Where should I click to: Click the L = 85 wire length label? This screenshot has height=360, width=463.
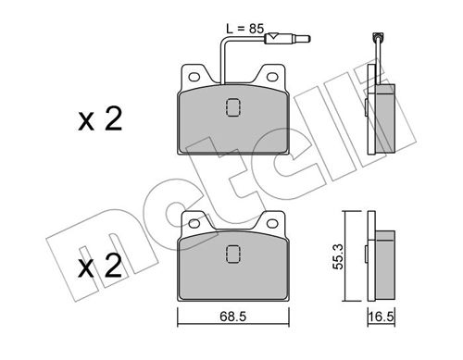pyautogui.click(x=245, y=29)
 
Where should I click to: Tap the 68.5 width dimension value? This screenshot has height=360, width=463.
pyautogui.click(x=233, y=317)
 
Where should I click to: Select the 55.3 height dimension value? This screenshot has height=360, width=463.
pyautogui.click(x=338, y=256)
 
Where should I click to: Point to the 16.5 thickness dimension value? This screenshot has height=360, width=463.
pyautogui.click(x=382, y=317)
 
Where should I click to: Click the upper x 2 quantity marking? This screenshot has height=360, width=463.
pyautogui.click(x=100, y=118)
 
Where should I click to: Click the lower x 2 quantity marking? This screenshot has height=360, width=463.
pyautogui.click(x=100, y=266)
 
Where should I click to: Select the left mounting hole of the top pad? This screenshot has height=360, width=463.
pyautogui.click(x=194, y=77)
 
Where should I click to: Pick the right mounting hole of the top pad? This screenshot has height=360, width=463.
pyautogui.click(x=272, y=77)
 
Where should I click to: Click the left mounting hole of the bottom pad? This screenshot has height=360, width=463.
pyautogui.click(x=194, y=223)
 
